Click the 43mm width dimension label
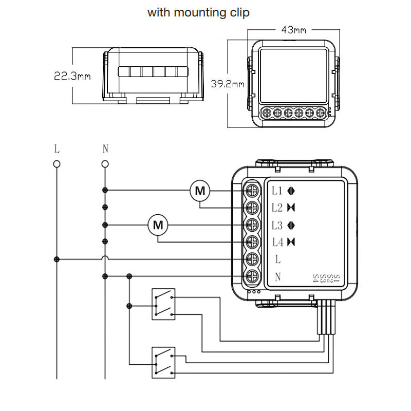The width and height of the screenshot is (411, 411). click(x=293, y=30)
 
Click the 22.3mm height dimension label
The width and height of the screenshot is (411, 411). click(x=72, y=77)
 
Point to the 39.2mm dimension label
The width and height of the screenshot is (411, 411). click(x=228, y=84)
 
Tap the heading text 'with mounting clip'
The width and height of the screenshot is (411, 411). click(x=198, y=12)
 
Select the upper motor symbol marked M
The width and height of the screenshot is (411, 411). click(x=200, y=191)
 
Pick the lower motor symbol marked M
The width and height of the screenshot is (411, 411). click(x=158, y=225)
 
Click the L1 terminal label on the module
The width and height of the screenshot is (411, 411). click(x=277, y=191)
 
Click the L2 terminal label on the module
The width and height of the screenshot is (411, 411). click(x=277, y=208)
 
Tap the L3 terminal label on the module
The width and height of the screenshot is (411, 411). click(x=277, y=225)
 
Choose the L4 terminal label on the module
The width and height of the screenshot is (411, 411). click(x=277, y=242)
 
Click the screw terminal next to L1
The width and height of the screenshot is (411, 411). click(x=252, y=191)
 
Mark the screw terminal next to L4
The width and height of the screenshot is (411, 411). click(x=252, y=242)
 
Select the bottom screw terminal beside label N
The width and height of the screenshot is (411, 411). click(x=252, y=276)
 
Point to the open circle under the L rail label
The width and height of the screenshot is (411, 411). click(x=57, y=164)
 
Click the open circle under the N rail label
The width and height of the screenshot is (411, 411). click(x=105, y=164)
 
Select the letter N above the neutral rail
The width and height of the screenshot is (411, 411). click(x=105, y=149)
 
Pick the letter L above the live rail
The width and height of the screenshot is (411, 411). click(x=57, y=149)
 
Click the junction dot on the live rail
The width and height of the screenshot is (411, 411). click(x=57, y=259)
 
